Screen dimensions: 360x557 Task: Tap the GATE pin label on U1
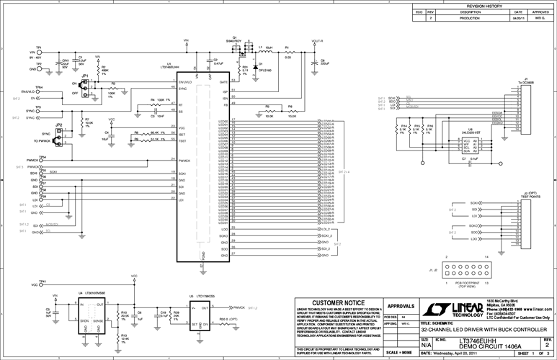(223, 83)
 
